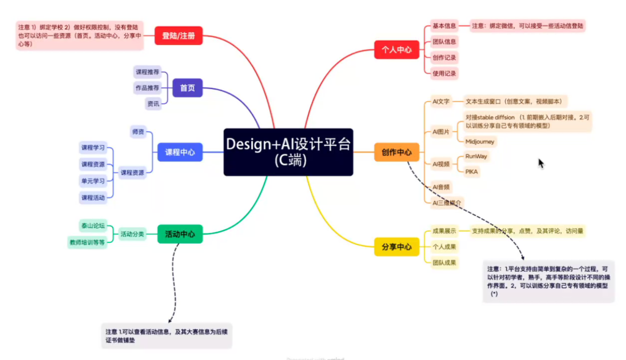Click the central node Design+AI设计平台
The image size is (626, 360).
288,152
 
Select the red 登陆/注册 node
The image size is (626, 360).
178,36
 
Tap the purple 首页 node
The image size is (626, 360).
187,88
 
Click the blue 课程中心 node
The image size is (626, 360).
180,152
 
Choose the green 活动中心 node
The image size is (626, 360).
180,234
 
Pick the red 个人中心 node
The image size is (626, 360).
397,50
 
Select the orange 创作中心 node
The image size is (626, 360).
397,152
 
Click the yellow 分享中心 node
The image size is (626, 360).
397,247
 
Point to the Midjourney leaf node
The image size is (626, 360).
479,142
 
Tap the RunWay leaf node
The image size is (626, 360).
476,157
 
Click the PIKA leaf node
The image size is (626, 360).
472,172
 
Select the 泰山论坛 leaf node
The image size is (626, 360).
93,226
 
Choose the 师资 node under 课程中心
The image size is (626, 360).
138,132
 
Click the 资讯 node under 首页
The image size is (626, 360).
153,104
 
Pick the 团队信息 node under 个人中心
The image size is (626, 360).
444,42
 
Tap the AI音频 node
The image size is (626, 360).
441,187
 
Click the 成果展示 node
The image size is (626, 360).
444,231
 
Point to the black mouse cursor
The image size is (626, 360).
541,163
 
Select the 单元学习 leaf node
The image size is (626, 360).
93,181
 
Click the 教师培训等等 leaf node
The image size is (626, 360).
87,242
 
